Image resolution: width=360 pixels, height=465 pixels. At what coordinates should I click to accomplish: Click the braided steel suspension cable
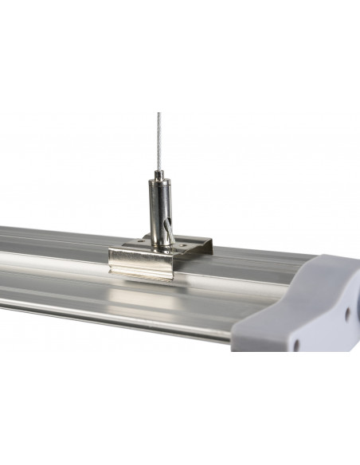coord(159,135)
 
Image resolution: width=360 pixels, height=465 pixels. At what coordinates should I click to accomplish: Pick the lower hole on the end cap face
coord(296,345)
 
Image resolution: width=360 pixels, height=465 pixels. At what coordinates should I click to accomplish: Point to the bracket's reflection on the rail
coord(143,299)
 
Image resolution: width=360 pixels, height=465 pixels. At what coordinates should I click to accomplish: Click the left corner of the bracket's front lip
coord(112,259)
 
